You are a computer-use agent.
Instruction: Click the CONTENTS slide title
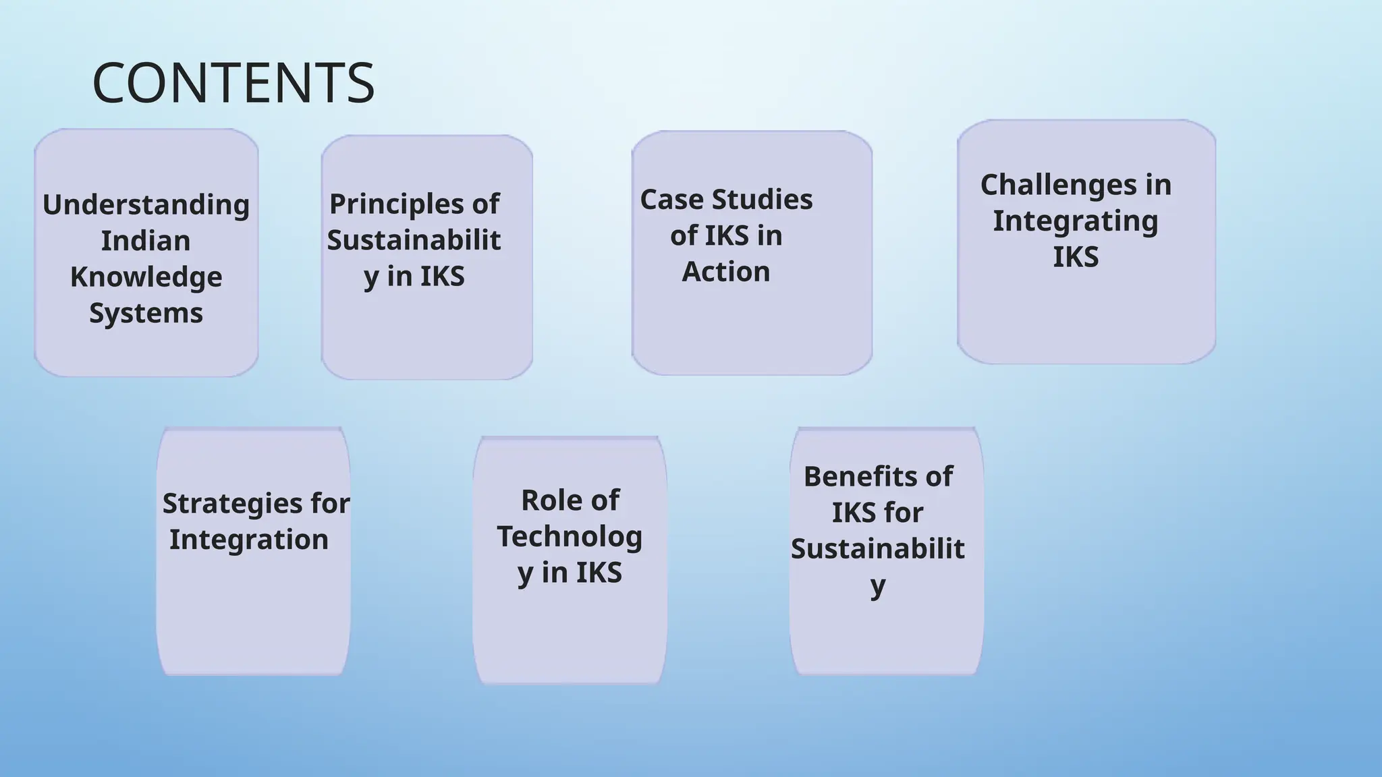(233, 83)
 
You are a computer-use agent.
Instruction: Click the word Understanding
(146, 205)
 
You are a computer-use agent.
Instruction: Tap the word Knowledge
(146, 277)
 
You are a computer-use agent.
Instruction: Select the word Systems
(146, 313)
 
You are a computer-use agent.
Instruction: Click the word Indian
(146, 241)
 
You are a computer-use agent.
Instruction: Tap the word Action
(725, 272)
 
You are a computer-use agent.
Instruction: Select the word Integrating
(1075, 221)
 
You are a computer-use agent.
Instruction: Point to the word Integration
(248, 540)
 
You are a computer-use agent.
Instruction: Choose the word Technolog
(570, 537)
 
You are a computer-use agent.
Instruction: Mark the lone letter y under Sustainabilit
(877, 585)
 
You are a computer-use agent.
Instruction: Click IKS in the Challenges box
(1076, 257)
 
